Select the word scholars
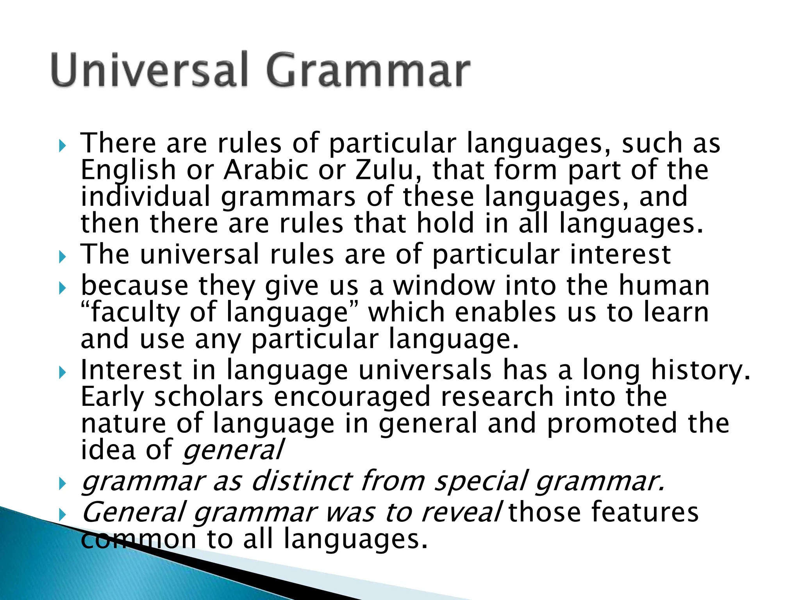[209, 397]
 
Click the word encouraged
[352, 397]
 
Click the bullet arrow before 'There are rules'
[62, 147]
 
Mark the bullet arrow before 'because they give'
[62, 289]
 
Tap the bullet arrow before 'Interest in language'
[62, 373]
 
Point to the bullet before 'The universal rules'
[62, 257]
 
